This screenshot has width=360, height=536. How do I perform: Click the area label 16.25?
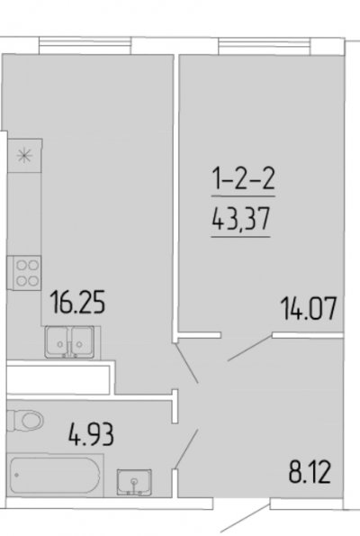pos(77,302)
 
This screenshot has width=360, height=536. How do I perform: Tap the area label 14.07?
pos(309,309)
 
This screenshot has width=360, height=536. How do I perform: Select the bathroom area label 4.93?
pos(91,434)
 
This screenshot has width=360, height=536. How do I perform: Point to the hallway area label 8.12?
pos(310,472)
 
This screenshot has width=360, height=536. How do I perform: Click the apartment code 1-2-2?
pos(244,178)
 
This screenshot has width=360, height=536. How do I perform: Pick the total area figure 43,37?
pos(241,219)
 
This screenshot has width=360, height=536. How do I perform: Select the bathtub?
pos(55,476)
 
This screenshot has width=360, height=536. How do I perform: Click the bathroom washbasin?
pos(134,482)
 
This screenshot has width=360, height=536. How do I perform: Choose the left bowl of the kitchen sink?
pos(58,341)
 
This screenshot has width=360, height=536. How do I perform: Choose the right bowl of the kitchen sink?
pos(82,341)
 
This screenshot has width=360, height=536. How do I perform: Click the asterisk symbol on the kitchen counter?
pos(24,156)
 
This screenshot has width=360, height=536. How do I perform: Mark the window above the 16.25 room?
pos(85,45)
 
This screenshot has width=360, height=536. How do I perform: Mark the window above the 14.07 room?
pos(265,46)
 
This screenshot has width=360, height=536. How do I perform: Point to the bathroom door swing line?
pos(186,450)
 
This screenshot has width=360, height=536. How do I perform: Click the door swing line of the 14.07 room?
pos(249,348)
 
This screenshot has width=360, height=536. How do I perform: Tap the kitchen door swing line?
pos(186,362)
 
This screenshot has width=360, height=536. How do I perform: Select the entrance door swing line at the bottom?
pos(245,518)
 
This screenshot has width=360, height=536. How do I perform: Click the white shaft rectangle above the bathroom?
pos(58,379)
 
